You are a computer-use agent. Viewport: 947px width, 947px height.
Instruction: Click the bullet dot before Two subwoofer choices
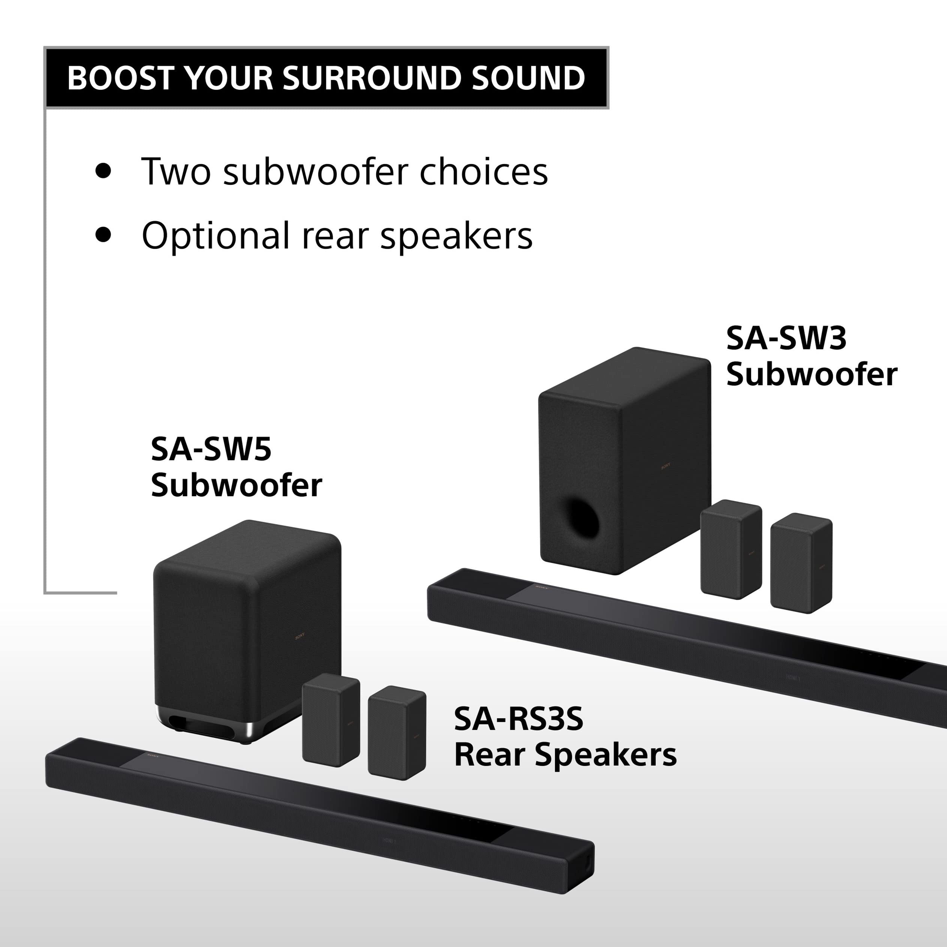click(104, 171)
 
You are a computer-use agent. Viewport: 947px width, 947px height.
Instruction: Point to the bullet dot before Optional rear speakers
click(104, 234)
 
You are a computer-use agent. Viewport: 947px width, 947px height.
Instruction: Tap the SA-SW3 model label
click(786, 338)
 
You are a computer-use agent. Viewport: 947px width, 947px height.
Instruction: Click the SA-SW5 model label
click(211, 449)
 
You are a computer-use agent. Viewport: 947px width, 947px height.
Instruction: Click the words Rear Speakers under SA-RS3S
click(565, 755)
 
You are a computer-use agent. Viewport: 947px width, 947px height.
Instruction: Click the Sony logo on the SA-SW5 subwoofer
click(300, 636)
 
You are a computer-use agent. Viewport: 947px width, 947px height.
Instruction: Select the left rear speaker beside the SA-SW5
click(331, 720)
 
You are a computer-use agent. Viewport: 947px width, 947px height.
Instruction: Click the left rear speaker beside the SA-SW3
click(730, 549)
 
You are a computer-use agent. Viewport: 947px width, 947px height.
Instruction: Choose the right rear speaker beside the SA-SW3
click(801, 563)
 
